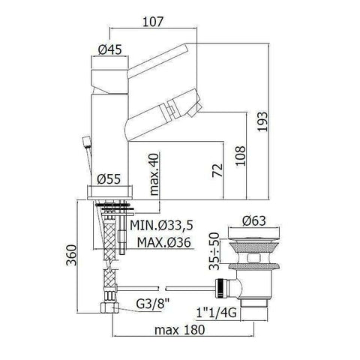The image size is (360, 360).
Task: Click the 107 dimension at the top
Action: click(x=153, y=22)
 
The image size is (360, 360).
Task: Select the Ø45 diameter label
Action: click(x=110, y=49)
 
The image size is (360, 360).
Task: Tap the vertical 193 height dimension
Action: click(x=262, y=121)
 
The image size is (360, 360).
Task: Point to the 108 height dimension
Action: click(x=240, y=155)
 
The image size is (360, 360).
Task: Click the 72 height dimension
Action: click(x=217, y=170)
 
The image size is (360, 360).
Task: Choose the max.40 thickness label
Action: click(x=154, y=174)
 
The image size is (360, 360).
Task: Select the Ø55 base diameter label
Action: click(x=109, y=179)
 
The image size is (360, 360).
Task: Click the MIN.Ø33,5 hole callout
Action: click(x=161, y=225)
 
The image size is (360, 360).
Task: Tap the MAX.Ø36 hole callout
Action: click(x=163, y=242)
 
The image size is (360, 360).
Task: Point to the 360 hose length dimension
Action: click(x=71, y=255)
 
